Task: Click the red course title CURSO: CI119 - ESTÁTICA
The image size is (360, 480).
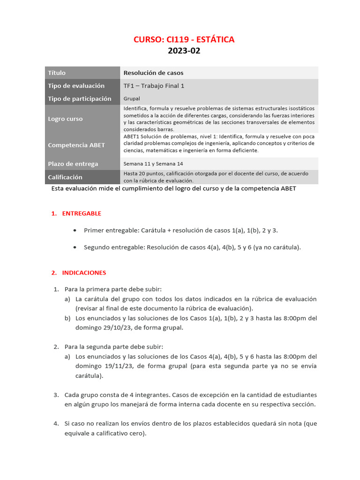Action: tap(184, 39)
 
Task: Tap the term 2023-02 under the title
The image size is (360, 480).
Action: tap(184, 51)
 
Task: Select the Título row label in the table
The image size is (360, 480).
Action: tap(57, 73)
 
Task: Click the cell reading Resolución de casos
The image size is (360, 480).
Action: tap(153, 73)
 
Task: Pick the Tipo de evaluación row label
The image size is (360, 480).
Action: tap(76, 86)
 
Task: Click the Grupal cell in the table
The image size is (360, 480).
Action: tap(132, 99)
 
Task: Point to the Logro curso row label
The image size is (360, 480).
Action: tap(65, 119)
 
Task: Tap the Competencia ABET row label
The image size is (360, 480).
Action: tap(76, 145)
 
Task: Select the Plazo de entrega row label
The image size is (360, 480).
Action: tap(73, 164)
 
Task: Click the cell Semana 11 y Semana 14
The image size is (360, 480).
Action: tap(153, 164)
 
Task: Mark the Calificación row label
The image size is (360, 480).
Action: tap(65, 177)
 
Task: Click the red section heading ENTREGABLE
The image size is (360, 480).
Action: tap(82, 213)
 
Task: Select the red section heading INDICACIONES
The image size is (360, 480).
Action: tap(84, 272)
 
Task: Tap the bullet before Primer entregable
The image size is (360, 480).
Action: tap(75, 231)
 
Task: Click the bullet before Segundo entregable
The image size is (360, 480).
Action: tap(75, 247)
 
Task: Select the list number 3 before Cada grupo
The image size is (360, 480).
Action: tap(56, 395)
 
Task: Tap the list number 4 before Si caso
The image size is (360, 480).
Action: tap(56, 424)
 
